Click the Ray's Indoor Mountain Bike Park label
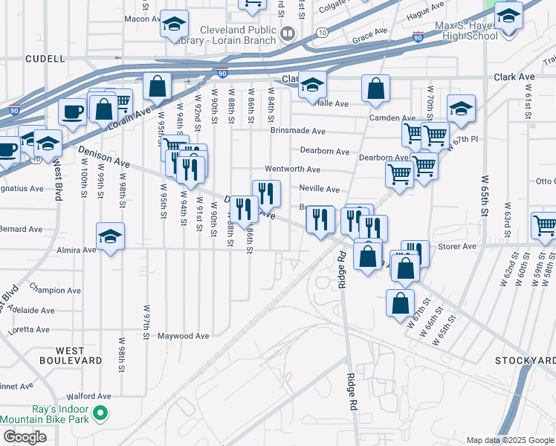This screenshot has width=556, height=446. point(45,414)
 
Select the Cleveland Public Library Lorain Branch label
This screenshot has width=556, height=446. point(237,34)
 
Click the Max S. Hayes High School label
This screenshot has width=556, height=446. point(456,30)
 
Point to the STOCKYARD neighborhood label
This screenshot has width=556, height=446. point(525,361)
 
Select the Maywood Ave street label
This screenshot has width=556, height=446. point(183,336)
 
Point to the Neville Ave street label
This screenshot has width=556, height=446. point(319,190)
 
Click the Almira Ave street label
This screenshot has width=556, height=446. point(77,251)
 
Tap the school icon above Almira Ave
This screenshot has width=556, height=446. point(111,237)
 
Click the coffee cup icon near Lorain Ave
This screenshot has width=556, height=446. point(72,112)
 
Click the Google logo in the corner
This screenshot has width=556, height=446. point(25,437)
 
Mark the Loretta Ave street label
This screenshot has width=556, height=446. point(28,329)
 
